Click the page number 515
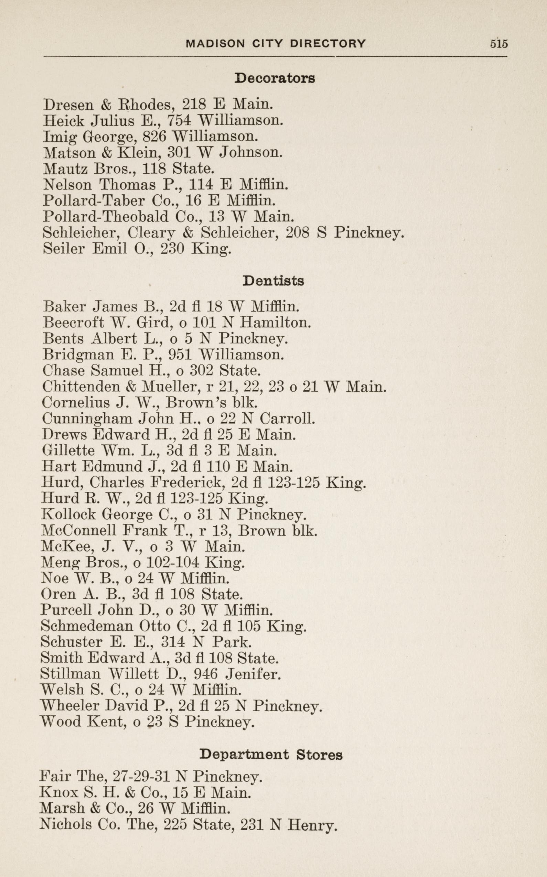pos(499,44)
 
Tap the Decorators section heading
pos(275,78)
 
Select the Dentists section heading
pos(273,281)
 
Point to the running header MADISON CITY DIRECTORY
pos(276,44)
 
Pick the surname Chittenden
pos(81,387)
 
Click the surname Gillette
pos(68,451)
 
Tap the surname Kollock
pos(69,514)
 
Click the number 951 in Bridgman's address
pos(180,355)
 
